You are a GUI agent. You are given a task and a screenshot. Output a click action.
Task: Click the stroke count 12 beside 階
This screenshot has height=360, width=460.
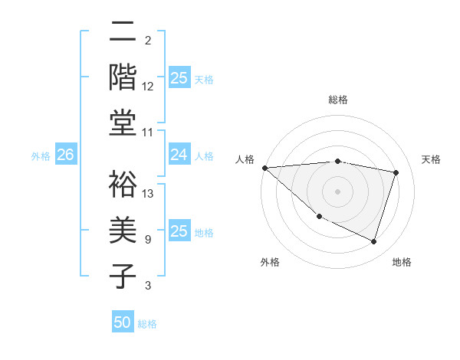(x=148, y=87)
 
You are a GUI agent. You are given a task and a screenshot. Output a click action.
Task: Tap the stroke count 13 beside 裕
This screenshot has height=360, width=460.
(x=148, y=194)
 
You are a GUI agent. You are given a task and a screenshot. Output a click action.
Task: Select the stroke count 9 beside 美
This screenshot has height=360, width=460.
(x=147, y=240)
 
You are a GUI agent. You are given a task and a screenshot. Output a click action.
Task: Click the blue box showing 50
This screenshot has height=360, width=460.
(x=123, y=322)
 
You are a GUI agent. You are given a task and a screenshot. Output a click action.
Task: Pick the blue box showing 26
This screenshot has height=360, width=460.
(x=65, y=155)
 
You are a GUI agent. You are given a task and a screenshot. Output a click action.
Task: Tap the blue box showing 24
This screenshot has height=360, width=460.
(x=179, y=155)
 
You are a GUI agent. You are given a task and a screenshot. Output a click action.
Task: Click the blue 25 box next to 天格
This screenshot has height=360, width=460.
(x=179, y=78)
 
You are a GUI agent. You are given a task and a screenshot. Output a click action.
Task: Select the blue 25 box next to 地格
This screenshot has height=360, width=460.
(x=179, y=231)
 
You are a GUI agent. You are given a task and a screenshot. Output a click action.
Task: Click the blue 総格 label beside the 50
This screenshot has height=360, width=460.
(x=147, y=324)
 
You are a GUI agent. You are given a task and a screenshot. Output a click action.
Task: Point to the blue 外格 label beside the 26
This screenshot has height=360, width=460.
(x=41, y=156)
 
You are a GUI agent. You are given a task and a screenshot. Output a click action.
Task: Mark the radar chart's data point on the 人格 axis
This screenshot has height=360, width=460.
(x=264, y=168)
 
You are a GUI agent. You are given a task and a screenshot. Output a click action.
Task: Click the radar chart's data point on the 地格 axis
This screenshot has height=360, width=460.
(x=373, y=242)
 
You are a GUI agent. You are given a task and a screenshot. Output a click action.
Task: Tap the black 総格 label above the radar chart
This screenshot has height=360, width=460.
(x=337, y=100)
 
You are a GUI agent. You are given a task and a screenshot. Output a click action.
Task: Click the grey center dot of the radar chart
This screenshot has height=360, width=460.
(x=337, y=191)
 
